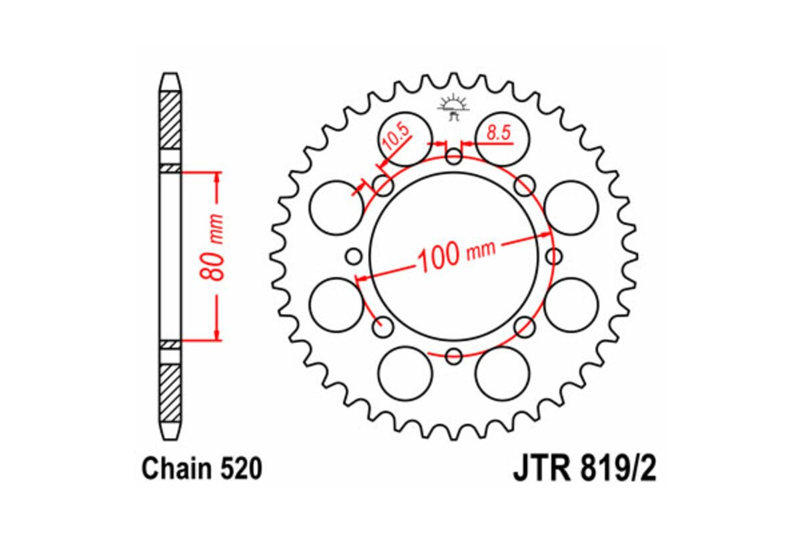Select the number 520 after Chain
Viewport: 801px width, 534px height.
click(x=241, y=470)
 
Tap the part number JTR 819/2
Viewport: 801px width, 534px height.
click(x=585, y=469)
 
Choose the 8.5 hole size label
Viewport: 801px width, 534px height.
click(x=499, y=133)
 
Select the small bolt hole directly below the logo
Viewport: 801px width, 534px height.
click(x=454, y=158)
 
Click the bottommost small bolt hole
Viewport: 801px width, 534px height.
click(x=454, y=355)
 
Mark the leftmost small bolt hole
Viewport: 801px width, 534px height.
click(x=354, y=256)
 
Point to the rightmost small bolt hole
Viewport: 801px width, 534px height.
click(x=553, y=256)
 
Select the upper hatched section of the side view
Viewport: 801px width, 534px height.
click(x=170, y=119)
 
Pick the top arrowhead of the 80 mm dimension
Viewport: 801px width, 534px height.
click(x=217, y=178)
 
